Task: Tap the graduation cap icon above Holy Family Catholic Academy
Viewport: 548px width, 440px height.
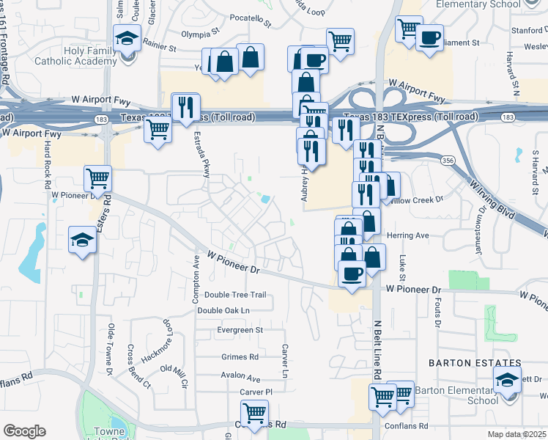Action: click(x=127, y=37)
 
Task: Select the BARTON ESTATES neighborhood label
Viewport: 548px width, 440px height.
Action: click(x=475, y=363)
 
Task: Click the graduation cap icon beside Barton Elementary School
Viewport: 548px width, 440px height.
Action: click(x=506, y=381)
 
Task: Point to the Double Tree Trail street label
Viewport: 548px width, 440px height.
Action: click(x=235, y=295)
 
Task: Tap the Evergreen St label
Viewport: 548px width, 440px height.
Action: click(x=240, y=331)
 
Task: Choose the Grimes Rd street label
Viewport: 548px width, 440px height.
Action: click(x=240, y=357)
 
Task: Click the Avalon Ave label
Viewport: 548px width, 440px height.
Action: click(x=240, y=378)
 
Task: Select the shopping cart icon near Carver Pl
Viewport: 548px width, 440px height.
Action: click(x=254, y=413)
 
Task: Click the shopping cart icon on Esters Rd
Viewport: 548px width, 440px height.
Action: click(x=97, y=177)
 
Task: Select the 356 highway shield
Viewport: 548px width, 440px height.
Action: click(x=445, y=160)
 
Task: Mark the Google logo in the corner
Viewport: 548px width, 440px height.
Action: click(x=24, y=431)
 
